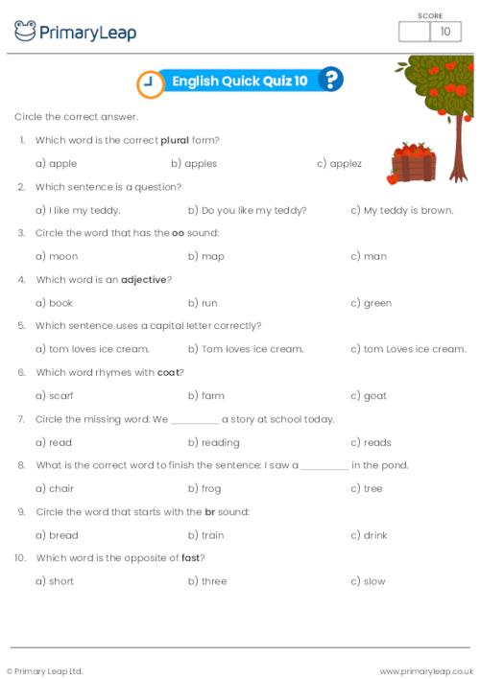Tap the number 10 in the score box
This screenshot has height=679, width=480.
point(444,33)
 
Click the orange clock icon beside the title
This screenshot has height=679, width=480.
point(149,83)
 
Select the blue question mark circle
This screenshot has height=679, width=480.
point(330,81)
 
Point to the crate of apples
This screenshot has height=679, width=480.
point(414,164)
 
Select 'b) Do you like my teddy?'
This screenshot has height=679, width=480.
point(247,210)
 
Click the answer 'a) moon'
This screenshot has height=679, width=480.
point(57,256)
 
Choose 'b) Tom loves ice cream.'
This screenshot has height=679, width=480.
point(245,349)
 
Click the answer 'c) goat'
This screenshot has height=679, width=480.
point(369,395)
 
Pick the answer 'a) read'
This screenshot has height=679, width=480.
point(54,442)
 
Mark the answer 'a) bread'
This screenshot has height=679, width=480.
point(57,534)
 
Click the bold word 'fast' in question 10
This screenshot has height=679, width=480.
point(191,558)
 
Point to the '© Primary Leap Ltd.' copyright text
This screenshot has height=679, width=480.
point(45,670)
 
